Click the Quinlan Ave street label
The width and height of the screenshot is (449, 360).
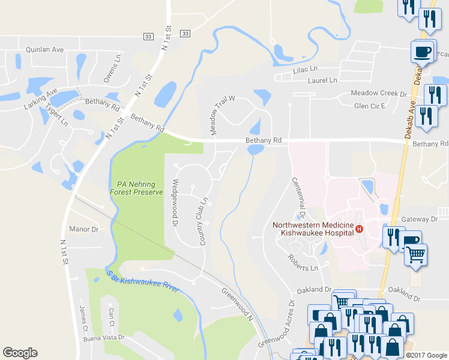pos(44,50)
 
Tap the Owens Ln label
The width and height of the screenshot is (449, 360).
pos(110,68)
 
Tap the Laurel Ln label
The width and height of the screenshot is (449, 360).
pos(322,80)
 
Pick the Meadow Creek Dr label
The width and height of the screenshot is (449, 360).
pos(379,94)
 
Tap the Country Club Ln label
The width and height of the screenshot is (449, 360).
pos(202,221)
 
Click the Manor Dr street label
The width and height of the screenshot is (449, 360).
pos(83,229)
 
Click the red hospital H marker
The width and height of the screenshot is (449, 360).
pos(360,229)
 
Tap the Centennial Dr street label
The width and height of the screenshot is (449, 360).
pos(299,197)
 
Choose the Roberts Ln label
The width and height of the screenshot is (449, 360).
pos(301,262)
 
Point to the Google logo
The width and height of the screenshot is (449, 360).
pos(20,353)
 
